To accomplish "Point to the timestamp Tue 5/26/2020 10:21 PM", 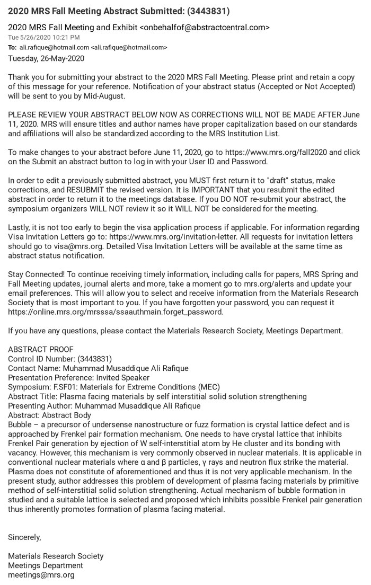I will pos(44,37).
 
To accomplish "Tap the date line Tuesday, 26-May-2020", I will pos(46,58).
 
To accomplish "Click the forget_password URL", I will pos(116,312).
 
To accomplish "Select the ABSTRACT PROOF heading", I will pos(41,350).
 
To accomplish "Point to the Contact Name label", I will pos(34,368).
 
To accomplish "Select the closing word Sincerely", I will pos(24,537).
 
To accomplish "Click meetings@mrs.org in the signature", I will pos(41,574).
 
